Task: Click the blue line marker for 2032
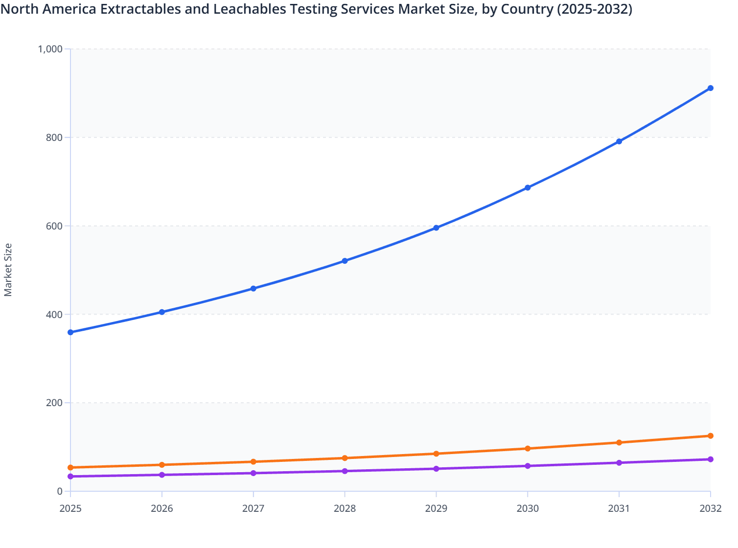[x=710, y=88]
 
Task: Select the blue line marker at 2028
[x=345, y=261]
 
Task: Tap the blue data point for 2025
[x=70, y=332]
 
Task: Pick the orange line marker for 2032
[x=710, y=436]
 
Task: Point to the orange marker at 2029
[x=436, y=454]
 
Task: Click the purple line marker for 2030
[x=528, y=466]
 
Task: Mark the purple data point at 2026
[x=162, y=475]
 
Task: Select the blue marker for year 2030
[x=528, y=188]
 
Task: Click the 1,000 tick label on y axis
[x=50, y=49]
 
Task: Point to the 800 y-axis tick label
[x=54, y=137]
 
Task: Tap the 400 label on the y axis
[x=54, y=314]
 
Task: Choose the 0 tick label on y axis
[x=60, y=491]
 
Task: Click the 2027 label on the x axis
[x=253, y=508]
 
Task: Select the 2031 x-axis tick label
[x=619, y=508]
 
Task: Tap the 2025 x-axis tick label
[x=70, y=508]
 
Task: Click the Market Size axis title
[x=8, y=270]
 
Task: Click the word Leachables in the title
[x=250, y=9]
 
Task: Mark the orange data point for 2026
[x=162, y=465]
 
